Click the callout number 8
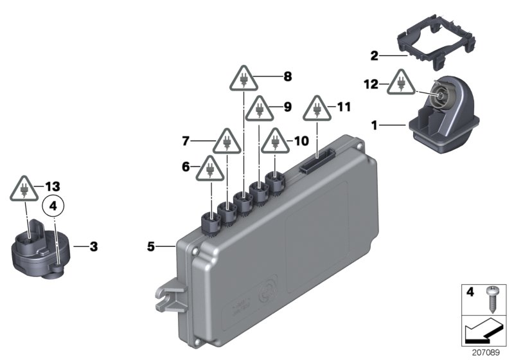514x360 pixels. pyautogui.click(x=287, y=76)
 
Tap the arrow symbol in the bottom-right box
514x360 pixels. pyautogui.click(x=485, y=332)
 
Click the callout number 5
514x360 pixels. pyautogui.click(x=152, y=246)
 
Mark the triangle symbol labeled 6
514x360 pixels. pyautogui.click(x=209, y=170)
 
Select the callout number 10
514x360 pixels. pyautogui.click(x=302, y=139)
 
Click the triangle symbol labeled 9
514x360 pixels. pyautogui.click(x=260, y=109)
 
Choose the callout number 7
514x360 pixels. pyautogui.click(x=186, y=139)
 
